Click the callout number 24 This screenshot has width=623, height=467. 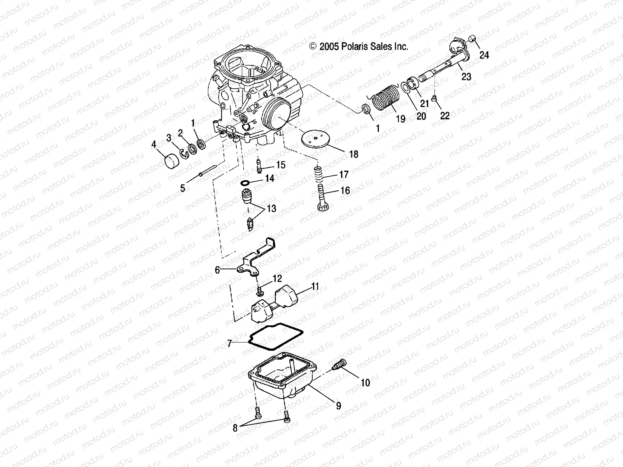[484, 55]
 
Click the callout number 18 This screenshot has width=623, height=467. [353, 154]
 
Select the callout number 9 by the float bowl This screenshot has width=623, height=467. [338, 406]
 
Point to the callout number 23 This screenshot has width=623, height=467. [466, 77]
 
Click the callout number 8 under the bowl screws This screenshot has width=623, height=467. [235, 428]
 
